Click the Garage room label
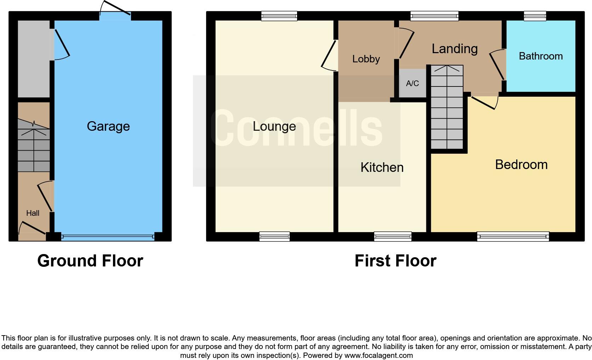click(108, 126)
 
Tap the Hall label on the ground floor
click(33, 213)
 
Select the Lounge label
click(274, 126)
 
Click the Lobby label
click(366, 59)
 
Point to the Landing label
click(455, 49)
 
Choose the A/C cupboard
click(412, 83)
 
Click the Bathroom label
click(541, 56)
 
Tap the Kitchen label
click(382, 167)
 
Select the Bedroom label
click(521, 164)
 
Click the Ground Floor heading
click(90, 261)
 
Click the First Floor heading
click(395, 261)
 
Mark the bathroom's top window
click(535, 16)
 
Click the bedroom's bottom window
click(513, 236)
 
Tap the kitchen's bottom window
click(393, 236)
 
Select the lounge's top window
click(279, 16)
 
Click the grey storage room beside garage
click(34, 58)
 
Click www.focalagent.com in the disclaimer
click(378, 355)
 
